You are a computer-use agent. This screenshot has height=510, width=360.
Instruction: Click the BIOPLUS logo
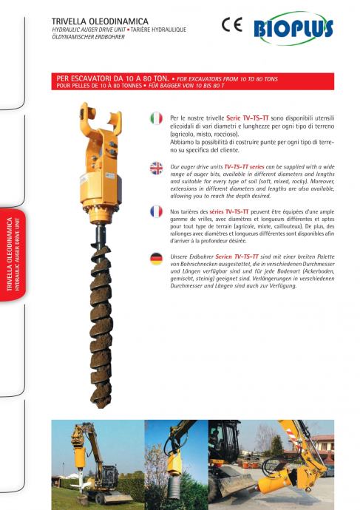point(293,29)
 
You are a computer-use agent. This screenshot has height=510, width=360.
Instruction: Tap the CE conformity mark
point(232,24)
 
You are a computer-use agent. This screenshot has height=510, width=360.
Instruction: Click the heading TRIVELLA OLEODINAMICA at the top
point(100,21)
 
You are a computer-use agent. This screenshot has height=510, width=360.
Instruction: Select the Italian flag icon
point(156,118)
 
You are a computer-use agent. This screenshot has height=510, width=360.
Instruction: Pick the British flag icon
point(156,169)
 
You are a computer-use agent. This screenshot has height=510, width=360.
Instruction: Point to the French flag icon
point(156,211)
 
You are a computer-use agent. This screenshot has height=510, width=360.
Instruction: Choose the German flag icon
point(156,259)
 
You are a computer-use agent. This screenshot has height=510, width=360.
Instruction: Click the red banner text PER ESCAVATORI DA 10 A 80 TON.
point(112,78)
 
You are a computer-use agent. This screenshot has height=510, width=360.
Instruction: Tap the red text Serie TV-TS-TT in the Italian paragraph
point(248,118)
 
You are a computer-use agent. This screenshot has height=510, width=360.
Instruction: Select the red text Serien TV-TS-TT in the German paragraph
point(237,256)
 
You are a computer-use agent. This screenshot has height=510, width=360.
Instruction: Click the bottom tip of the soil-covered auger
point(101,406)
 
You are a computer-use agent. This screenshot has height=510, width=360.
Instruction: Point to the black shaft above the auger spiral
point(101,235)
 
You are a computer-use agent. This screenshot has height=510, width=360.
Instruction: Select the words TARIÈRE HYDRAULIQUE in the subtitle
point(158,30)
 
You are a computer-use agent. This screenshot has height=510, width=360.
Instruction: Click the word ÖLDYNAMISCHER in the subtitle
point(71,37)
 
